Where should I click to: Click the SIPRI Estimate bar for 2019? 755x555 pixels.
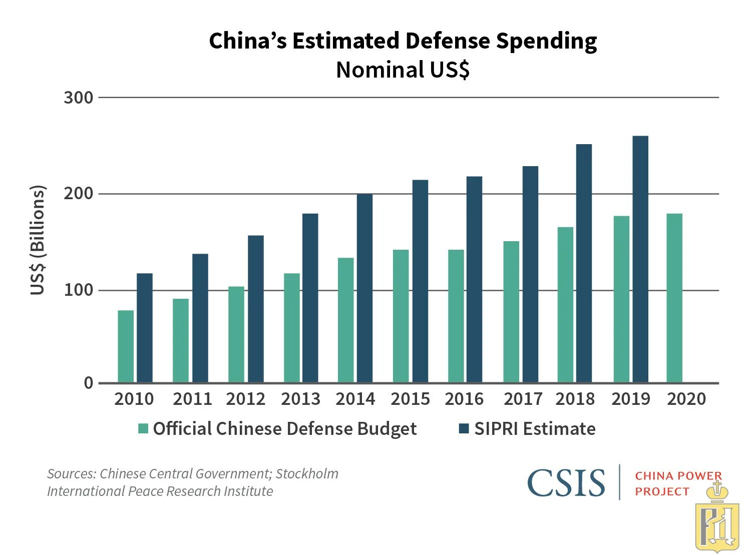tap(640, 259)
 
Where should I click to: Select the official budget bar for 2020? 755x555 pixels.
tap(674, 298)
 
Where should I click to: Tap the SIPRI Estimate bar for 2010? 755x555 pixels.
tap(145, 328)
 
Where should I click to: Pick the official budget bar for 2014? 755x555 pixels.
tap(345, 320)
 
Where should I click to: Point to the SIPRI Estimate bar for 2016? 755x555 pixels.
tap(474, 279)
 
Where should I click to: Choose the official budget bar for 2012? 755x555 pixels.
tap(236, 334)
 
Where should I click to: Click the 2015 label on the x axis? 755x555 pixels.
tap(410, 399)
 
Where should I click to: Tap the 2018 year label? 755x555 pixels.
tap(575, 399)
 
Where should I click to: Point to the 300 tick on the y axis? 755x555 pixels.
tap(79, 98)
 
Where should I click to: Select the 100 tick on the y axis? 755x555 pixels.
tap(79, 290)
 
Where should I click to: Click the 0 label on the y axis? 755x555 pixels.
tap(89, 383)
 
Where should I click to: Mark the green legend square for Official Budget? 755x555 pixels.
tap(144, 429)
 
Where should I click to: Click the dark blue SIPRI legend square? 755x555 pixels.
tap(464, 429)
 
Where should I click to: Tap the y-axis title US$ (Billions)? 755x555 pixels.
tap(38, 240)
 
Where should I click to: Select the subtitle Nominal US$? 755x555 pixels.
tap(403, 70)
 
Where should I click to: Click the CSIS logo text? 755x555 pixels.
tap(566, 483)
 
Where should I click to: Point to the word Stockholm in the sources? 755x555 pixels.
tap(307, 473)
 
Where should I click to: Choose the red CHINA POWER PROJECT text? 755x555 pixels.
tap(678, 483)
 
